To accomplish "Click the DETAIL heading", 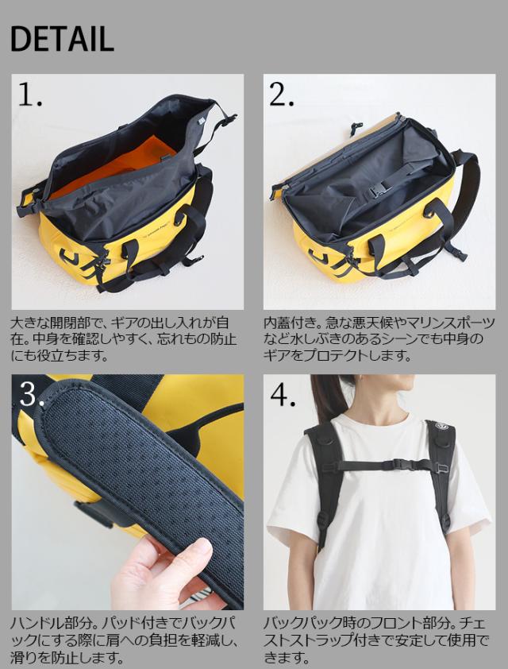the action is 62,39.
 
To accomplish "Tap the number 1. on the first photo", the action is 30,95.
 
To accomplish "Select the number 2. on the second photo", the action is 281,95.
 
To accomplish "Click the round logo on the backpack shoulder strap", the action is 440,426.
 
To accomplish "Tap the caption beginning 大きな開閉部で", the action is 123,338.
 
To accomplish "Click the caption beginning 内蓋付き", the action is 379,338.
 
